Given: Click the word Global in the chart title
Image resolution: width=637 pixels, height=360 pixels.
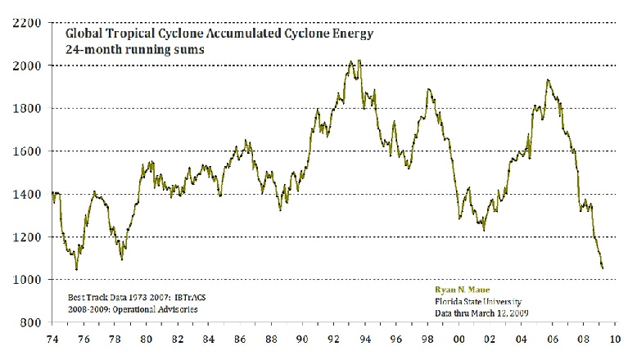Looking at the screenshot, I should click(85, 36).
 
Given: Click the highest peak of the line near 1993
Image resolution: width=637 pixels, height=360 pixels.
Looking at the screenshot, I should click(351, 61).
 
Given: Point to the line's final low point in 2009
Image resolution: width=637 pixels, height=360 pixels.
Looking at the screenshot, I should click(603, 268).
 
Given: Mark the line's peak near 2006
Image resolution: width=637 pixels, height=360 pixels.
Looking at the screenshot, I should click(548, 80).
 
